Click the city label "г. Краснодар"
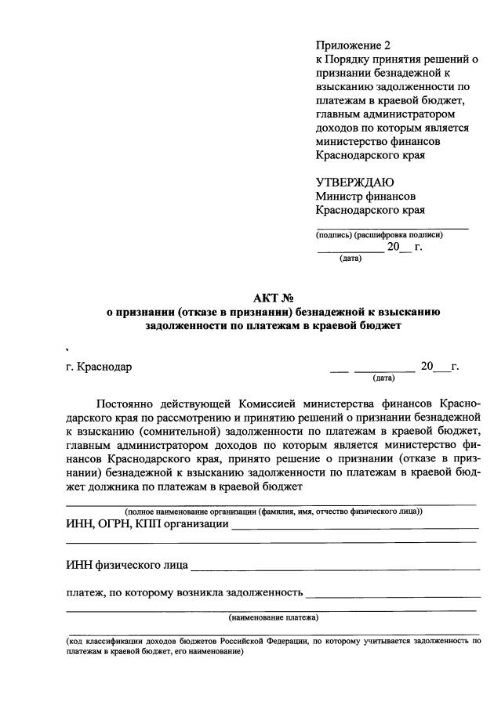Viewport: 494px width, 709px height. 100,367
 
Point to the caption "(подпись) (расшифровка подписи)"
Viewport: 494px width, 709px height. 380,234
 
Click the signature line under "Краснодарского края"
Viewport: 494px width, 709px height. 392,228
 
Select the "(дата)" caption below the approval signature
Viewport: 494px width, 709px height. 350,258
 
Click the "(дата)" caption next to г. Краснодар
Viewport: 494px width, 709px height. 383,378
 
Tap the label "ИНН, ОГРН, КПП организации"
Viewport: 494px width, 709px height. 147,524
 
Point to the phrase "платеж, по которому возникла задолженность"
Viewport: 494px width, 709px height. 184,592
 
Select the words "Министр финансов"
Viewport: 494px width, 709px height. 365,196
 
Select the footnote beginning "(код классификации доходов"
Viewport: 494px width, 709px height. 273,646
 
